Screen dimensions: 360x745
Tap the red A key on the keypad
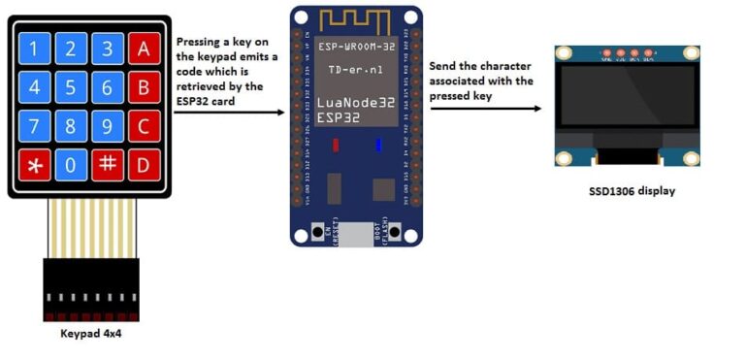[144, 49]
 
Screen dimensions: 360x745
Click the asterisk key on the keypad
[35, 164]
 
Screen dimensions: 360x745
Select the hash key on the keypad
[108, 164]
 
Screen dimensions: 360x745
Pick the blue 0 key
[71, 164]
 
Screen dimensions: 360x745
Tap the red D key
[144, 164]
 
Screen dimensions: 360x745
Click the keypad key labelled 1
[35, 49]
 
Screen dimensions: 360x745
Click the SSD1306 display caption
[632, 191]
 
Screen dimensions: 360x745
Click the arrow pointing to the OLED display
[485, 108]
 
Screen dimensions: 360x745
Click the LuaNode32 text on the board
[354, 103]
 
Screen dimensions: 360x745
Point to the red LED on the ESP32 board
[335, 146]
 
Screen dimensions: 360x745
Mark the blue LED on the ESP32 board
[377, 146]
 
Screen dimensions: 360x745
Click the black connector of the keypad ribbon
[91, 286]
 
